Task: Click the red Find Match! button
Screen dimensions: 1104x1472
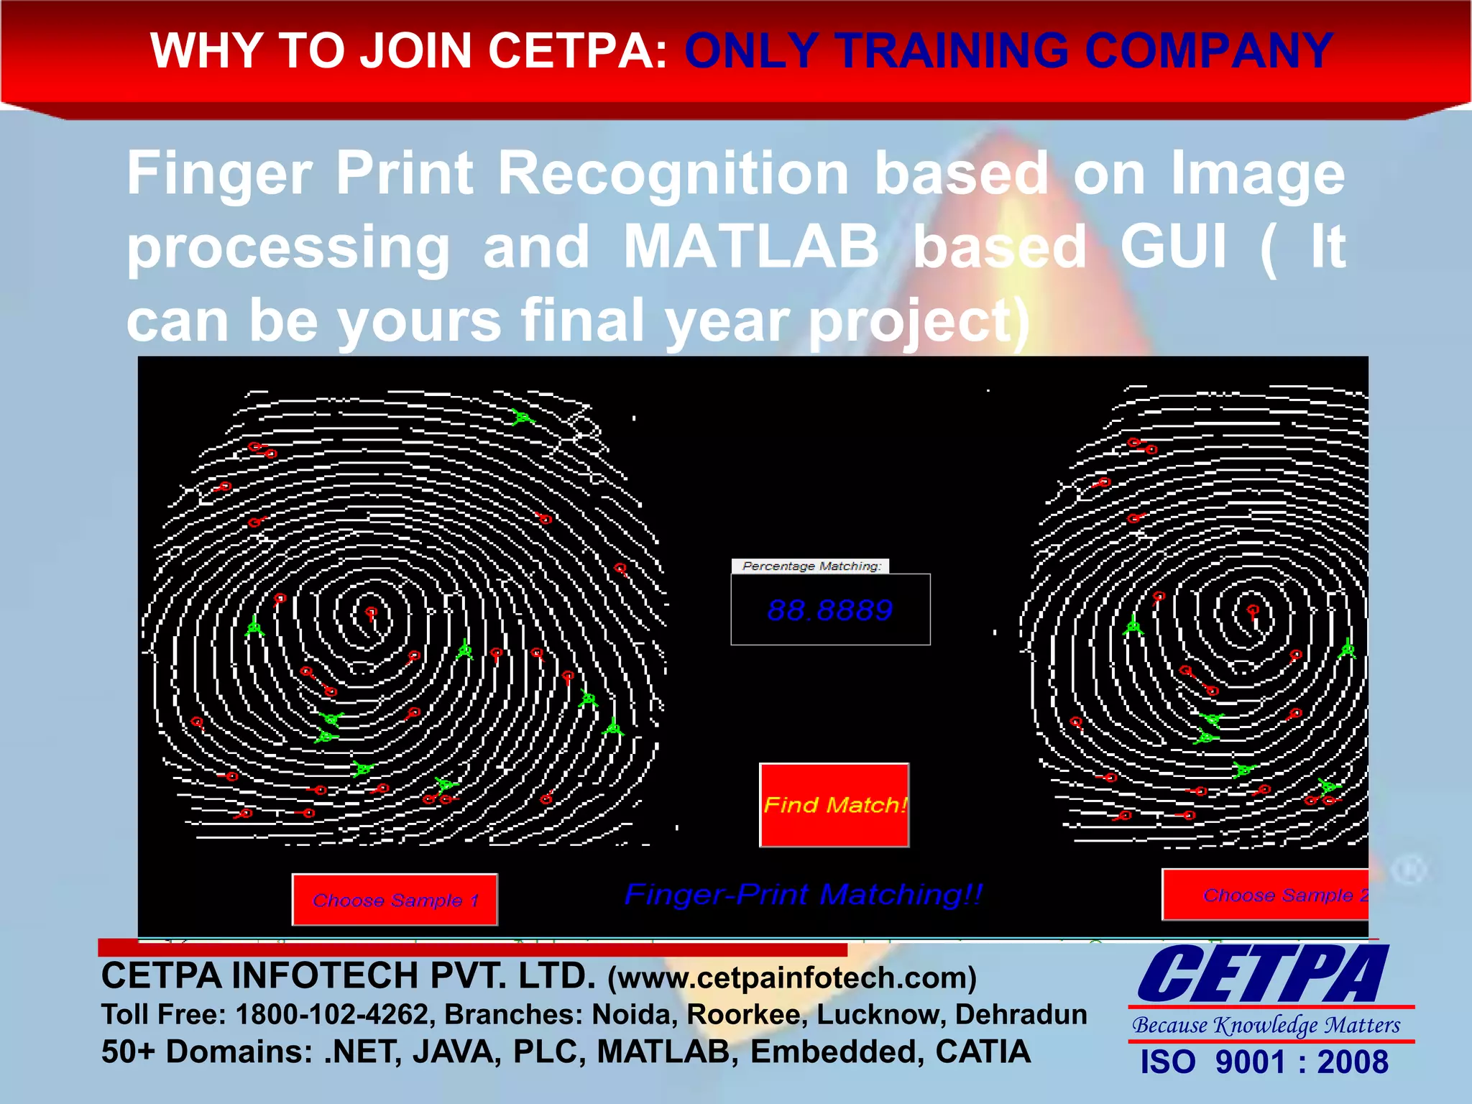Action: [x=834, y=805]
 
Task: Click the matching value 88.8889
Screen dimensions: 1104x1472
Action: [x=829, y=610]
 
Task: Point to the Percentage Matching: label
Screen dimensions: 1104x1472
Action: [x=811, y=566]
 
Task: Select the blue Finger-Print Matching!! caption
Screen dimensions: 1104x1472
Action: [x=803, y=895]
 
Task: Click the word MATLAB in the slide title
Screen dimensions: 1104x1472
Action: [x=751, y=247]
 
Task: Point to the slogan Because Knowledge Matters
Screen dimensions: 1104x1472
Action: [x=1266, y=1025]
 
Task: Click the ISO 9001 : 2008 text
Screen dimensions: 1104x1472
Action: [x=1264, y=1062]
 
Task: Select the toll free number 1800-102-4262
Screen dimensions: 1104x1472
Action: [x=332, y=1014]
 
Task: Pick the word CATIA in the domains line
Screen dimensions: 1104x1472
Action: [x=983, y=1052]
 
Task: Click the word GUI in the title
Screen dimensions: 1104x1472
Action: [x=1173, y=247]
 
